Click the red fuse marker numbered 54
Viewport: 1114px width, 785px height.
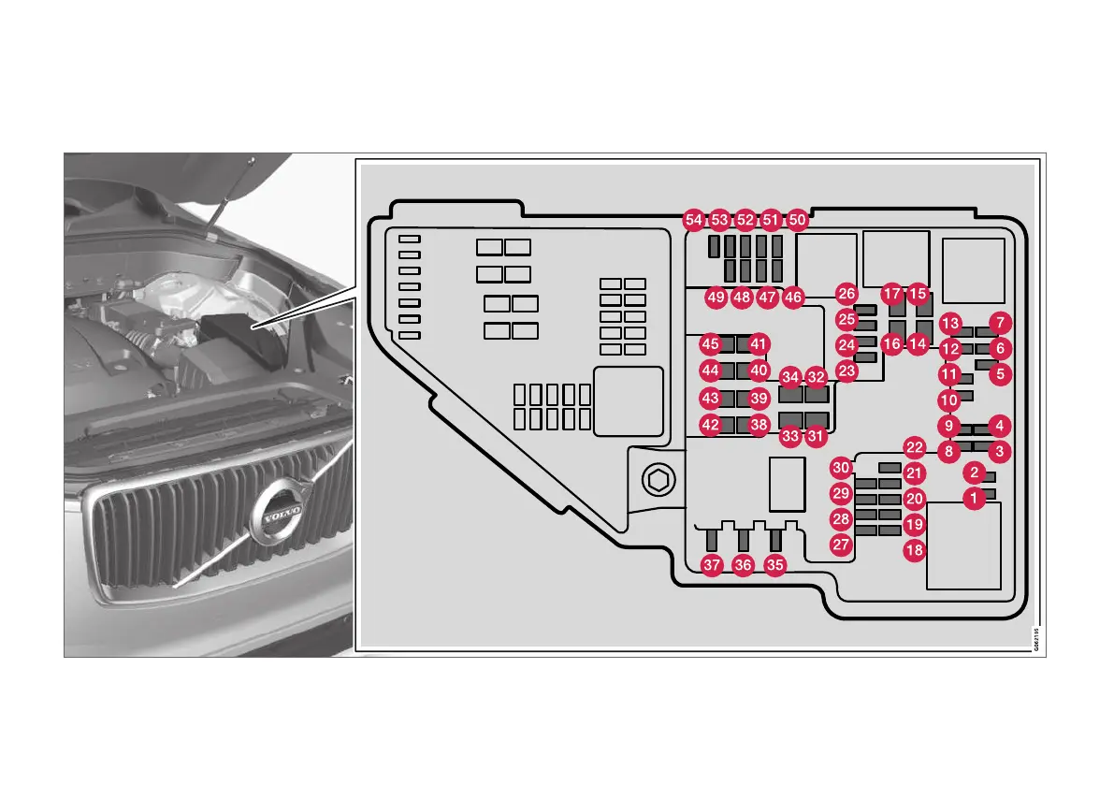[x=693, y=220]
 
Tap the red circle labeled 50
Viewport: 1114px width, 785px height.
[x=797, y=220]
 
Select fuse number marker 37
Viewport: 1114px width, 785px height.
[x=713, y=564]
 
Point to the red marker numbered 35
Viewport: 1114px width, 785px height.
[x=774, y=564]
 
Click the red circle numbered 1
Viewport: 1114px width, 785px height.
[x=975, y=499]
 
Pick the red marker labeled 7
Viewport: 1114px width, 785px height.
[x=1000, y=323]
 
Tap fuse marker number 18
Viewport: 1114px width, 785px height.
[x=915, y=550]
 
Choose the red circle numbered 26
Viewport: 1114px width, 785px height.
[x=846, y=294]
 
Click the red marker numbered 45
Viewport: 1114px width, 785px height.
[x=711, y=344]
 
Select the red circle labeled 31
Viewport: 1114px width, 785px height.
[x=817, y=435]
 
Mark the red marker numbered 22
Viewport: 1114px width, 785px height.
[x=915, y=447]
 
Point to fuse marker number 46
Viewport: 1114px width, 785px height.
[x=793, y=298]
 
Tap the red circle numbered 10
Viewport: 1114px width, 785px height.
[x=948, y=400]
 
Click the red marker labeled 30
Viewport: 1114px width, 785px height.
[x=842, y=468]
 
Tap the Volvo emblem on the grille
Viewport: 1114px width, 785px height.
[x=278, y=515]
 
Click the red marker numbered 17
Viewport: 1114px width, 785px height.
[x=892, y=294]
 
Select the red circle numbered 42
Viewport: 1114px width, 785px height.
[x=711, y=425]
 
